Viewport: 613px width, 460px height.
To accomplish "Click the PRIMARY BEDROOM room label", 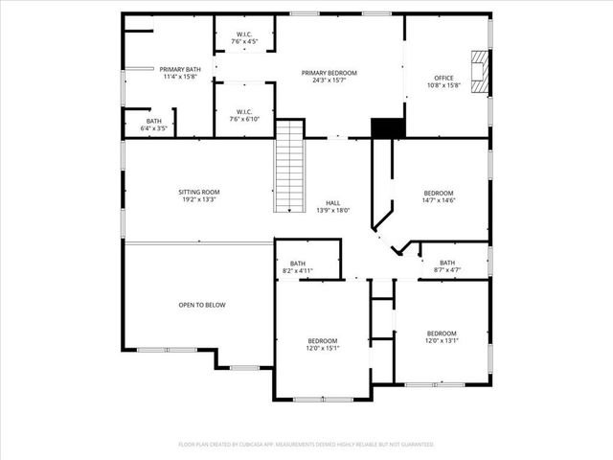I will point(329,73).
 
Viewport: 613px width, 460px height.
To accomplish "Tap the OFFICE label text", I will point(443,79).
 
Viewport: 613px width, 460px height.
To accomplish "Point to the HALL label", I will point(332,203).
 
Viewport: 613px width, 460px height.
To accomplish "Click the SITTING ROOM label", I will point(198,192).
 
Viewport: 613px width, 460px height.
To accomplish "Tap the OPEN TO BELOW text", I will point(201,305).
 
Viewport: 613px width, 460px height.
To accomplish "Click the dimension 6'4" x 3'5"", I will point(153,127).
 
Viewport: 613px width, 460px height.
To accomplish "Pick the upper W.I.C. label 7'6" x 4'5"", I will point(243,42).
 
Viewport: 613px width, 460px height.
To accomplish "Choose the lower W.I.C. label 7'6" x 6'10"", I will point(243,119).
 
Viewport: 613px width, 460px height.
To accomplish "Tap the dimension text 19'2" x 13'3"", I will point(198,199).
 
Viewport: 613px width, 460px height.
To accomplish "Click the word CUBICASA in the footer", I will point(259,445).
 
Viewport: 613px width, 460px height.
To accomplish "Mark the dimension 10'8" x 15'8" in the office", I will point(443,85).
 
